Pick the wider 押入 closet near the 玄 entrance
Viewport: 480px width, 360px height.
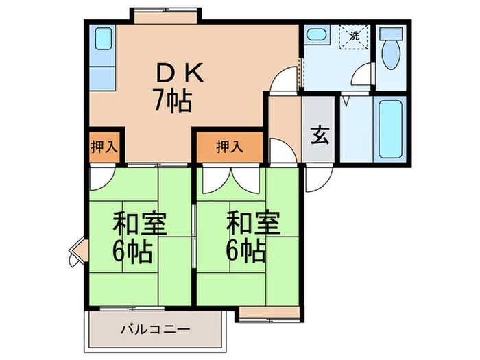[229, 146]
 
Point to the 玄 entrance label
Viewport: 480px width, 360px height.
[320, 134]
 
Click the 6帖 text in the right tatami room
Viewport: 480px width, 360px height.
[246, 252]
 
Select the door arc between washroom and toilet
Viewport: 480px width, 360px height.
[363, 77]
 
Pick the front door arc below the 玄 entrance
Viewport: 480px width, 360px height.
[315, 179]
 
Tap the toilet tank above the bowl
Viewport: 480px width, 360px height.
[392, 35]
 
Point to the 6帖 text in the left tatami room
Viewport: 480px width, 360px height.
[133, 252]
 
